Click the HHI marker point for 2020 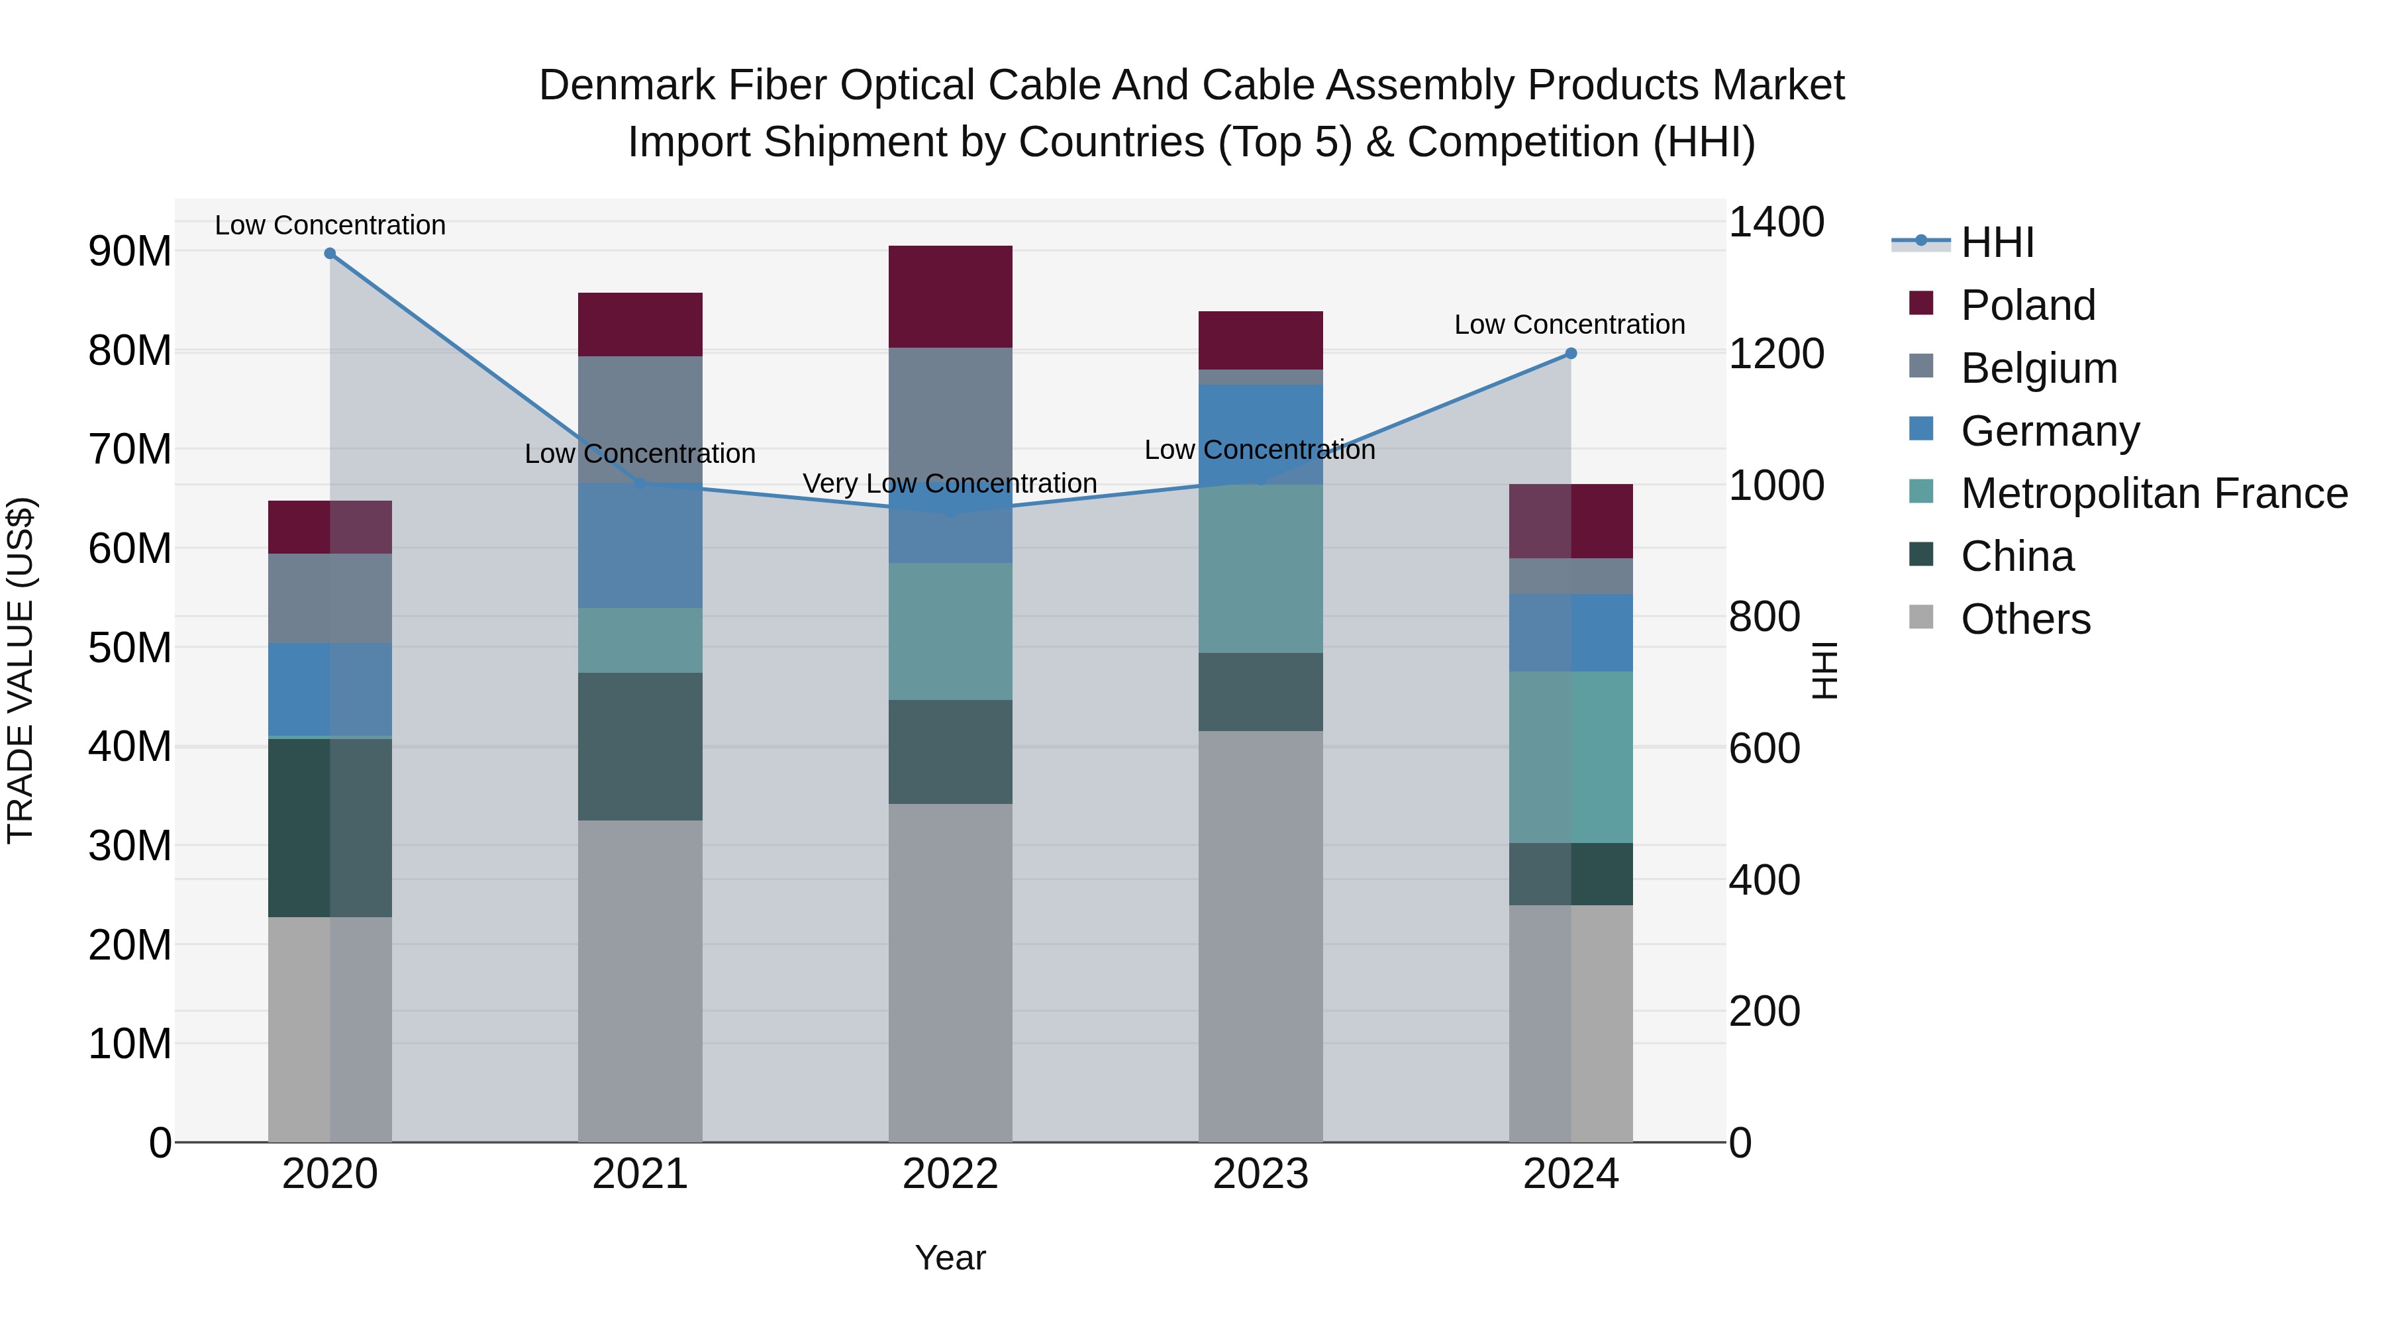point(330,254)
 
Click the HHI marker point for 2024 point(1571,354)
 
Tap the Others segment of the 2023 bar point(1260,934)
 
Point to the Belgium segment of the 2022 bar point(950,417)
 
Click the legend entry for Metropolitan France point(2154,493)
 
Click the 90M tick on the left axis point(130,251)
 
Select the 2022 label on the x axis point(950,1174)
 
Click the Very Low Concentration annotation point(950,483)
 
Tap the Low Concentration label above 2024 point(1569,325)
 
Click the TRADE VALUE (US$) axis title point(21,670)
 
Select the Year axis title point(950,1258)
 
